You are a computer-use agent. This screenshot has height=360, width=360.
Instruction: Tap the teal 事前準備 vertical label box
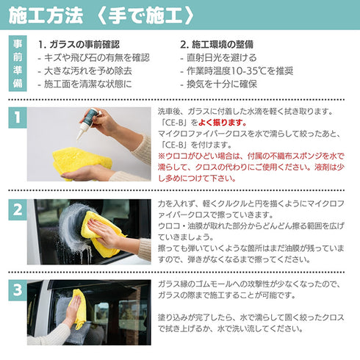(x=18, y=63)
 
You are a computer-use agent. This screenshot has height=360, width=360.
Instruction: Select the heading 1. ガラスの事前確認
(x=89, y=44)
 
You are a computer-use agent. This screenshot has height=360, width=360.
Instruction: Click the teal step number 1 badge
(x=16, y=116)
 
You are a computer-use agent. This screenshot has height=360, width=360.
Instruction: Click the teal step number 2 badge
(x=16, y=209)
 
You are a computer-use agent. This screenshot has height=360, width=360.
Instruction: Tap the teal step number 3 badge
(x=16, y=290)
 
